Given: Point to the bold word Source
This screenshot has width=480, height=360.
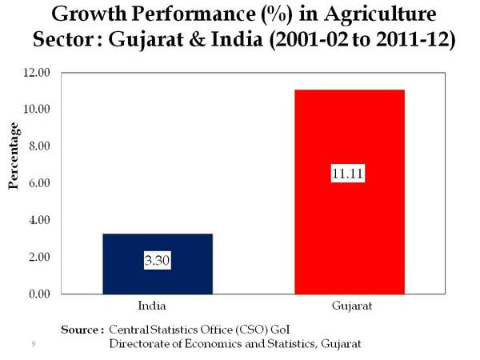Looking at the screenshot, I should point(80,329).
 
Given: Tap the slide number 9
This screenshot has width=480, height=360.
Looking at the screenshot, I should point(33,344).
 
